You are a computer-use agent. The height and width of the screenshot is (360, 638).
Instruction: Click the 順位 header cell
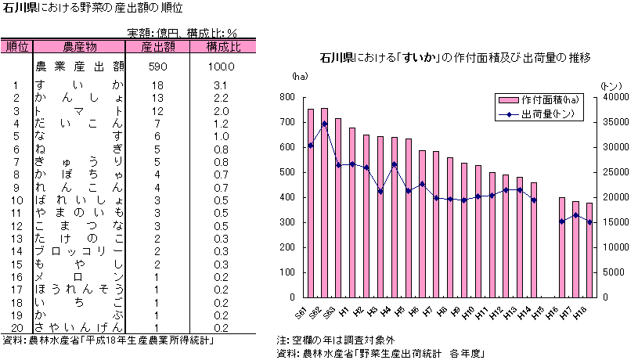(x=16, y=47)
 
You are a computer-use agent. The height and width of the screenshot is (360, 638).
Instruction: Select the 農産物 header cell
(x=80, y=47)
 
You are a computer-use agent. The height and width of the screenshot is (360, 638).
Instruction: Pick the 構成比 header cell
(x=223, y=47)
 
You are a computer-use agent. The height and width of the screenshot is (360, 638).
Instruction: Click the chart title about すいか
(x=454, y=58)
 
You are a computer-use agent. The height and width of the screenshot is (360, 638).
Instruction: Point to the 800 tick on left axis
(x=287, y=97)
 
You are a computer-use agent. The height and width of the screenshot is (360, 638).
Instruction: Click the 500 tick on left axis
(x=287, y=172)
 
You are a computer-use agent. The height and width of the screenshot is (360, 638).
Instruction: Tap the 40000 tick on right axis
(x=615, y=97)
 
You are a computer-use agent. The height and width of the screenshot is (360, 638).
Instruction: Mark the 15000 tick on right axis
(x=615, y=222)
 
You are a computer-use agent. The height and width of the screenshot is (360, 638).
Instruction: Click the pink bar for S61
(x=311, y=203)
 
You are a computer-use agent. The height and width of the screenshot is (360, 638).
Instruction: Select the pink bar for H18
(x=589, y=250)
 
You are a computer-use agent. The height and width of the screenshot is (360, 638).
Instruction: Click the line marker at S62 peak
(x=325, y=124)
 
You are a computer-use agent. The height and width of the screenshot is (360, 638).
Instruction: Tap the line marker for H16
(x=561, y=221)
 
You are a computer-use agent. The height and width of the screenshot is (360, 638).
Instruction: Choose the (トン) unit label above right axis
(x=610, y=85)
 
